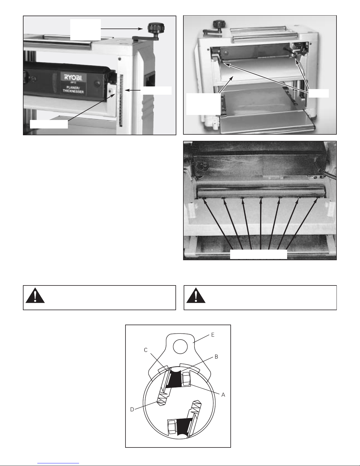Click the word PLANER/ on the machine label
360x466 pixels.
73,88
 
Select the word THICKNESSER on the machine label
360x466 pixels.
73,91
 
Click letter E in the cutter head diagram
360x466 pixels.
212,335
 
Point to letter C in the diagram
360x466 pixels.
145,350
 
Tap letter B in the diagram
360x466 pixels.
216,357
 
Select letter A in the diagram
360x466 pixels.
223,395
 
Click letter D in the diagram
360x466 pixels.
132,409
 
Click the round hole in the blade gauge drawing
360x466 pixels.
180,347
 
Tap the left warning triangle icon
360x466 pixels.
35,296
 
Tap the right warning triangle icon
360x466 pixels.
196,296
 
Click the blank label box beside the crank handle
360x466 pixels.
86,30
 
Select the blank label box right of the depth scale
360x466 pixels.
156,91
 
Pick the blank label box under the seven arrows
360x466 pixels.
258,254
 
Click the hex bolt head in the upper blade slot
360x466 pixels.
186,379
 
